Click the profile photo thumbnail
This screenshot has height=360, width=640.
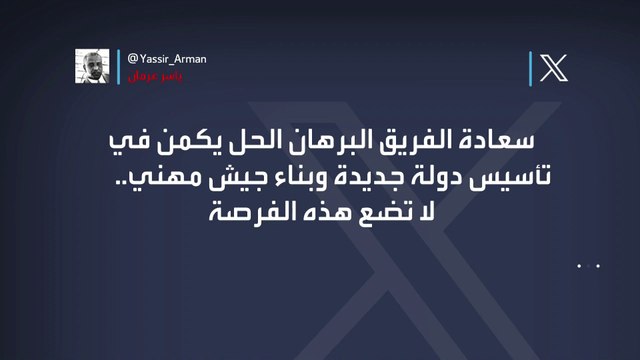(x=94, y=66)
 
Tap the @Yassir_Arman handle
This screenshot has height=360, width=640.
(x=161, y=58)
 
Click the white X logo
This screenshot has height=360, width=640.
(x=553, y=68)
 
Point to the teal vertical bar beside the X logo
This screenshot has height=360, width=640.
(x=530, y=68)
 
